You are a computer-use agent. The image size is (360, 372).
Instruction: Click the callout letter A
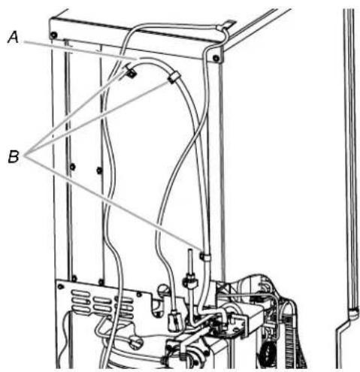click(14, 38)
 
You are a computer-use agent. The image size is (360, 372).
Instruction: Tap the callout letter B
click(14, 156)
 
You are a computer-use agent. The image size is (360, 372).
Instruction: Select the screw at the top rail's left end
click(53, 35)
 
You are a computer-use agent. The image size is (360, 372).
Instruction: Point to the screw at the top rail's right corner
click(216, 59)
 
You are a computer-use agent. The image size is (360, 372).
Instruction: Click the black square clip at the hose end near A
click(131, 74)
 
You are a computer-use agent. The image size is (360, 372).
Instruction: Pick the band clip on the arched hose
click(173, 77)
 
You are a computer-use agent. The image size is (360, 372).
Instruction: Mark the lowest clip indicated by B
click(205, 256)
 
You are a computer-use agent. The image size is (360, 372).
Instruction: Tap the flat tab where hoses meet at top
click(229, 23)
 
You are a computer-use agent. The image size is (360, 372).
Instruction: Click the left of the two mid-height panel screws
click(73, 167)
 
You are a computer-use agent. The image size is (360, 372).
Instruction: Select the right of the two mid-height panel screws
click(99, 170)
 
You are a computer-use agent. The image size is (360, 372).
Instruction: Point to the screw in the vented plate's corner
click(60, 286)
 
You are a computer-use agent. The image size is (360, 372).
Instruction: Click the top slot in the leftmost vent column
click(80, 293)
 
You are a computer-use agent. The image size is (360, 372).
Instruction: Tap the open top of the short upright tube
click(190, 250)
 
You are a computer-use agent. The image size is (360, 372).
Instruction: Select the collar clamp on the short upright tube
click(190, 280)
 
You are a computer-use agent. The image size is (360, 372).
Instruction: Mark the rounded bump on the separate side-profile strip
click(354, 313)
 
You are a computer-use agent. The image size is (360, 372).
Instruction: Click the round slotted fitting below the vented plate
click(135, 343)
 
